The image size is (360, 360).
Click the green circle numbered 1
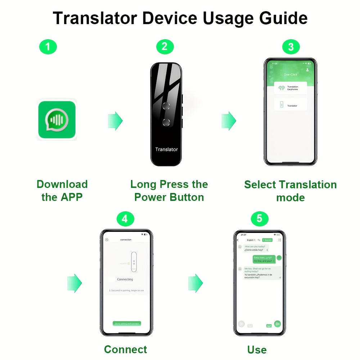(48, 47)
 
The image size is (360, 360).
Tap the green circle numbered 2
(165, 47)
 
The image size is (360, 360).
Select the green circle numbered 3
(291, 47)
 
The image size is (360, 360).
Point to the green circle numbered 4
(125, 219)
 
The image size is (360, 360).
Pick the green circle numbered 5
(260, 219)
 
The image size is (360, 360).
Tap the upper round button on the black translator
(166, 105)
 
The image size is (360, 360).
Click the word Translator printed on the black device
(166, 149)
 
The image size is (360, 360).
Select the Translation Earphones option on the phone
(291, 88)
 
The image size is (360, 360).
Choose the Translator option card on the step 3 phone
(291, 105)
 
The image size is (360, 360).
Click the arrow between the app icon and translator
(115, 121)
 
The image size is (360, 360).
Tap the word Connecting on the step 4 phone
(125, 279)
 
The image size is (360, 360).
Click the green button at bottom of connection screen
(127, 324)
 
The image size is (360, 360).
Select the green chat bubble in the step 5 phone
(264, 259)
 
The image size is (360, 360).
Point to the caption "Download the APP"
(62, 191)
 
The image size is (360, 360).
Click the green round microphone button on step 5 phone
(278, 324)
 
